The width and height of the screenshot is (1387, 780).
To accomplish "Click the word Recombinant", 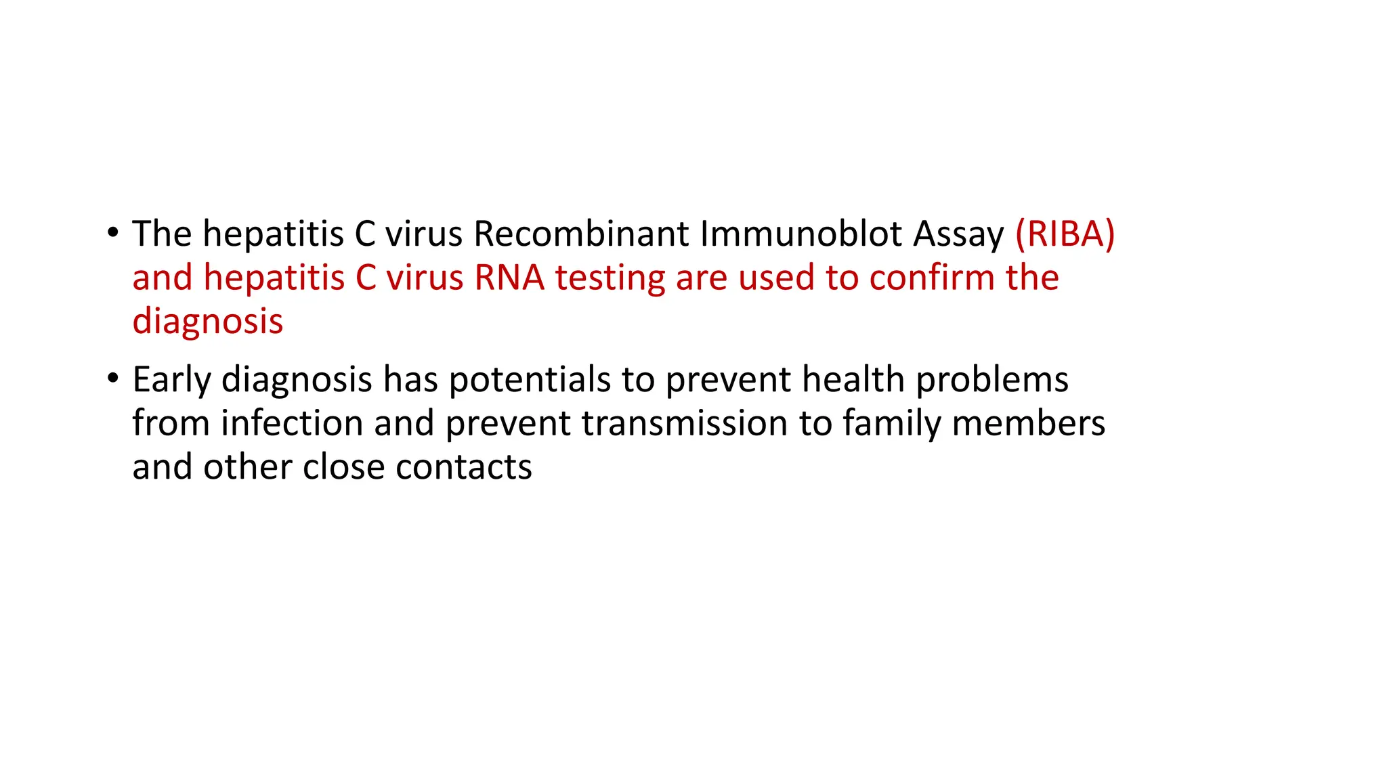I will [x=581, y=234].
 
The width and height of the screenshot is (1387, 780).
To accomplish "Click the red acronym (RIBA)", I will [x=1065, y=234].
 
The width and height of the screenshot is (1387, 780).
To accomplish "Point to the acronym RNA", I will [x=509, y=278].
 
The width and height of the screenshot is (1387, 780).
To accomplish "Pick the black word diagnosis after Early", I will [x=297, y=381].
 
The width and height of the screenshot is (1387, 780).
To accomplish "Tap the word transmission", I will [x=684, y=423].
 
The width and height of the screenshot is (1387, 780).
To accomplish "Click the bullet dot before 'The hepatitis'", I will [x=112, y=234].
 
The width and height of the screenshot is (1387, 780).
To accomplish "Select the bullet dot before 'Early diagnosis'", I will [x=112, y=379].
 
